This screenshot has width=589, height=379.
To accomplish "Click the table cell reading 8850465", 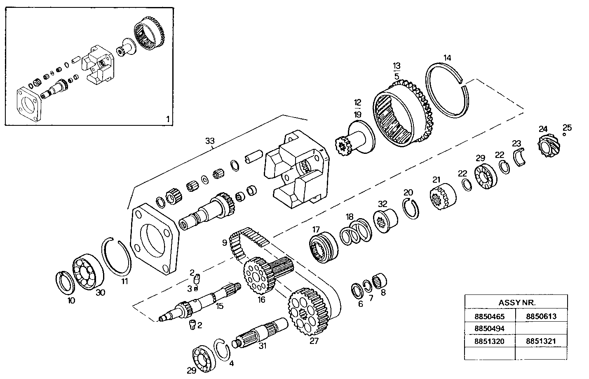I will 490,316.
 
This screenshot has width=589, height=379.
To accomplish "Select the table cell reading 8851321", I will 541,341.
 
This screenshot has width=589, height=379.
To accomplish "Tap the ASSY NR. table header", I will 516,302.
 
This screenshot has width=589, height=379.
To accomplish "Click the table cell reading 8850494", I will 490,329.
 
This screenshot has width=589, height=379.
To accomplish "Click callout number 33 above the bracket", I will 210,141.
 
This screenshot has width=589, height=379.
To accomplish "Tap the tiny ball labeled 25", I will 564,134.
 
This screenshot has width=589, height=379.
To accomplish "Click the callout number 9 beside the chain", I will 225,243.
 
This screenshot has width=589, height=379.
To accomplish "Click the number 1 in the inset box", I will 167,119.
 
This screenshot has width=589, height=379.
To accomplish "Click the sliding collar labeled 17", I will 324,245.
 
